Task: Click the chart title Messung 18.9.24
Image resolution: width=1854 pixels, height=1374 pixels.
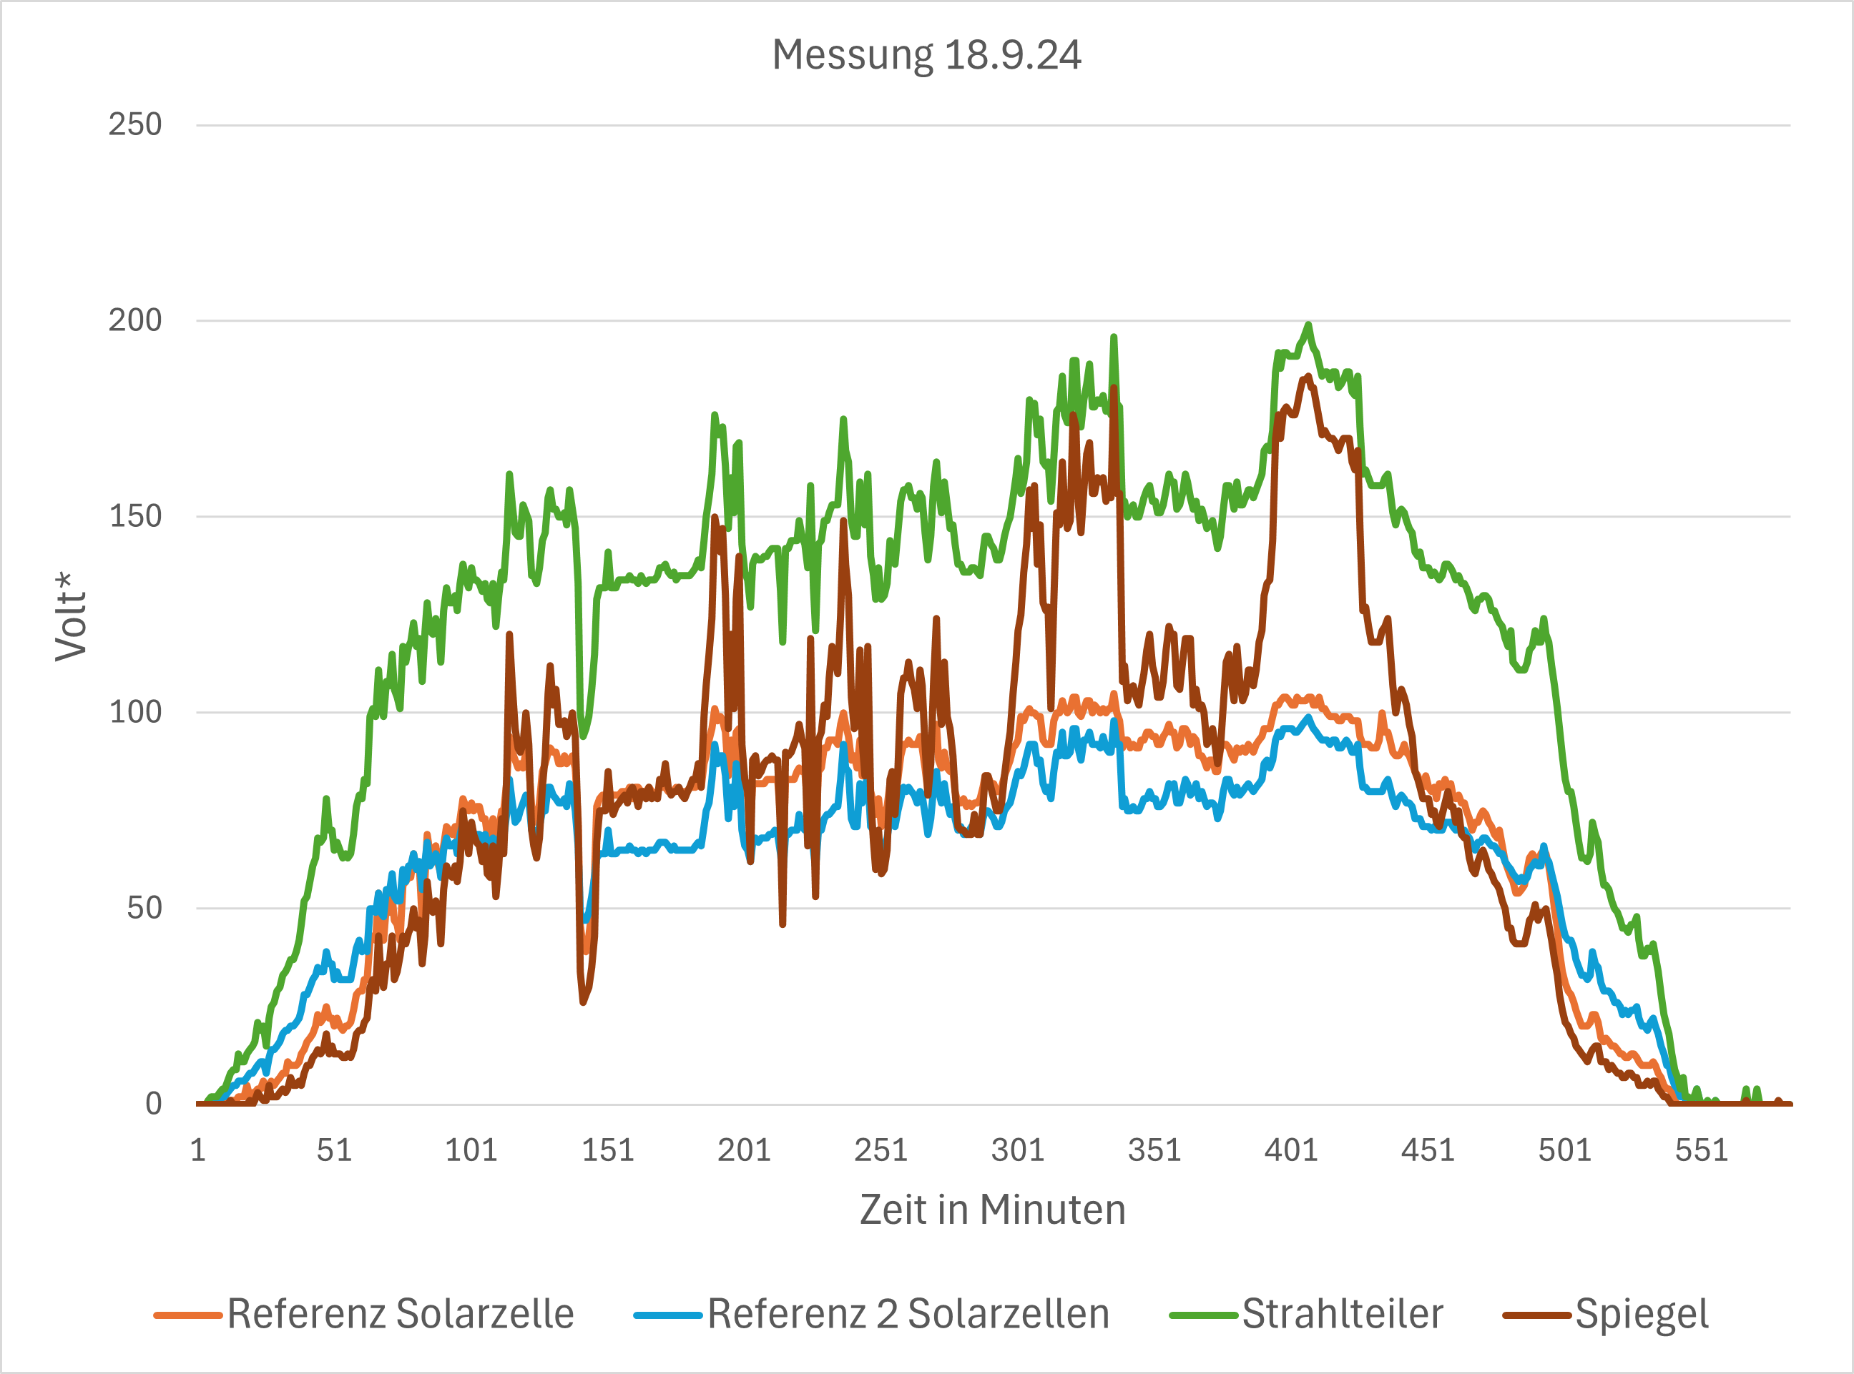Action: (926, 56)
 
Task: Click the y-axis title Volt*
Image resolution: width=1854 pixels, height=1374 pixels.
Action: (71, 616)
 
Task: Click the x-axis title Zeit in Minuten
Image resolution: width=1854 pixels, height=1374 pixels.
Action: (992, 1210)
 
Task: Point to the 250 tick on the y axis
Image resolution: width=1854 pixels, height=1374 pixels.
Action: (134, 125)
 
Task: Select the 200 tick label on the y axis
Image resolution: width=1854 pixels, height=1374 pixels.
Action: (134, 320)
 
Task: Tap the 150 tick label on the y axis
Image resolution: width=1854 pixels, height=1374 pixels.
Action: (134, 516)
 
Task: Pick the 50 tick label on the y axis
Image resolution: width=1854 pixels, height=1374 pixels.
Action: (143, 908)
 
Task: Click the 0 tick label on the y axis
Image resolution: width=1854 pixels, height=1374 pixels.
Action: (153, 1104)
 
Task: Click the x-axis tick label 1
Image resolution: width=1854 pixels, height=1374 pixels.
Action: (198, 1151)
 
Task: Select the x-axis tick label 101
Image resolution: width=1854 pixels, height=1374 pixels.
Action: (471, 1151)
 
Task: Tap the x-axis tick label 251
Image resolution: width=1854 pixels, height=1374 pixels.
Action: (881, 1151)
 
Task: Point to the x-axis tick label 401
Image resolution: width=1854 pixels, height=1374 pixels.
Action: (1290, 1151)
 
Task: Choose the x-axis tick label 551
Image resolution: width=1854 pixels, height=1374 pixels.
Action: (1701, 1151)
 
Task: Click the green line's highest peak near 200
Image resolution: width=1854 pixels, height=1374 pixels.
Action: (1308, 325)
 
